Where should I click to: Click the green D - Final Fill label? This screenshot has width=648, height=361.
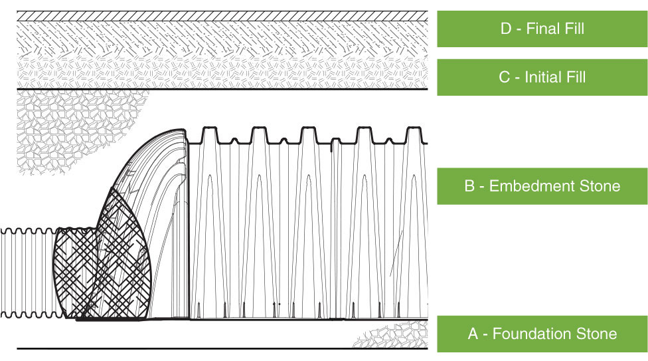coord(542,29)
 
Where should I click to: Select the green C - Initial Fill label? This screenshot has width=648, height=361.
coord(542,77)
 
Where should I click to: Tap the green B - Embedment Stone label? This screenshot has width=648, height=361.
coord(542,185)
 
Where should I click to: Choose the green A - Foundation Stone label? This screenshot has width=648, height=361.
coord(542,334)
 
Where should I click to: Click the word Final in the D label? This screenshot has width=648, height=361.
coord(542,29)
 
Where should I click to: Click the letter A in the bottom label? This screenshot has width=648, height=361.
coord(473,334)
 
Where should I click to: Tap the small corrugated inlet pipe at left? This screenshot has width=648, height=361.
coord(27,273)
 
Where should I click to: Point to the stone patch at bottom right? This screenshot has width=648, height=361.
coord(392,336)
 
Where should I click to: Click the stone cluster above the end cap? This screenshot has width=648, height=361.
coord(73,130)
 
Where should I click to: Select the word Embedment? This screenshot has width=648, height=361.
coord(525,185)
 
